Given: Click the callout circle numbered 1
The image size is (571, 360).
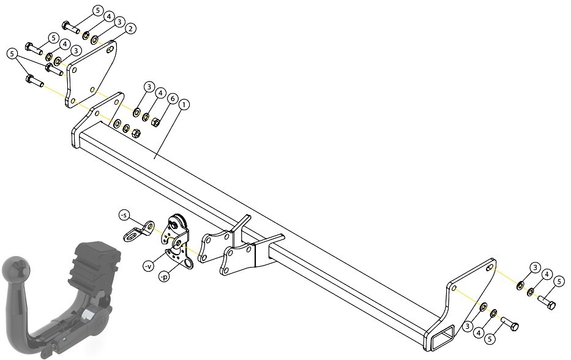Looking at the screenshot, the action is click(184, 105).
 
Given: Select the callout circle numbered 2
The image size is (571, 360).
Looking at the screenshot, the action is click(130, 29).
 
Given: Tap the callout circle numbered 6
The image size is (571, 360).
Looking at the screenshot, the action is click(172, 99).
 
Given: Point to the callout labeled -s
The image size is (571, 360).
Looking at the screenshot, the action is click(124, 216).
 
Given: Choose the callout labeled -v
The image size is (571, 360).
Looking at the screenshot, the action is click(148, 267).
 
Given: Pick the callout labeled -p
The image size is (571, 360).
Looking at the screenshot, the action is click(164, 277).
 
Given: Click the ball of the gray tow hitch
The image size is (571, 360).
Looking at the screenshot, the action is click(15, 269).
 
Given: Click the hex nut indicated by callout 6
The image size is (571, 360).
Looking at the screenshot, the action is click(155, 122).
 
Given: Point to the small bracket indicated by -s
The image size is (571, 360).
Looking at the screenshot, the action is click(139, 231).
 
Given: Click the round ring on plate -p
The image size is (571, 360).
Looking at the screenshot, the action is click(188, 264).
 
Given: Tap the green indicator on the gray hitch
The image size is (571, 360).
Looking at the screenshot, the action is click(64, 340).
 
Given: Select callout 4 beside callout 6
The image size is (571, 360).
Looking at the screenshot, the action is click(160, 93).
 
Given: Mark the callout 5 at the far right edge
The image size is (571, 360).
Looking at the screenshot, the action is click(560, 281).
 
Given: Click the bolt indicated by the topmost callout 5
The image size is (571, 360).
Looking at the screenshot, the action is click(71, 27).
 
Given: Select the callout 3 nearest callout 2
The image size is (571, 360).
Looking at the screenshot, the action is click(119, 23).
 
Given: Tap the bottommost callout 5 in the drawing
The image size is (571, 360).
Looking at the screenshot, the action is click(490, 339).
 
